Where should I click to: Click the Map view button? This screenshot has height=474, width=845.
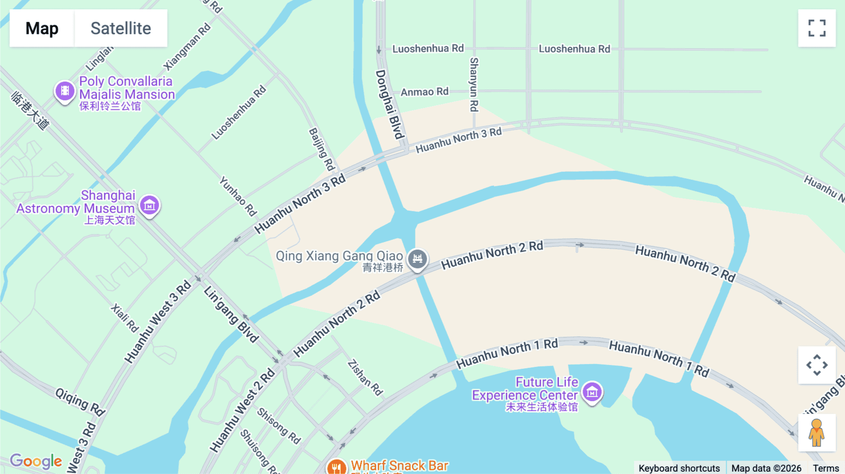point(42,28)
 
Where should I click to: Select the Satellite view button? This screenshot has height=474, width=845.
point(121,28)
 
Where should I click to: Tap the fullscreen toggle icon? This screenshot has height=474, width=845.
point(817,28)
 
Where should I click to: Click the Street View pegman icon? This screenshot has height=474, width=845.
point(816,433)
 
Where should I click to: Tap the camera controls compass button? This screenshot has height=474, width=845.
point(817,365)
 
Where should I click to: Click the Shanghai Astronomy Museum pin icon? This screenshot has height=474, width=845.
point(150,205)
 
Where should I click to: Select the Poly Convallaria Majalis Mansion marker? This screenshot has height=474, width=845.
point(65,91)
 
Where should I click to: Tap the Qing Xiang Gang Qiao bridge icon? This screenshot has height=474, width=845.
point(417,259)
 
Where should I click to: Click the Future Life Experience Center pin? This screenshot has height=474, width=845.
point(592,391)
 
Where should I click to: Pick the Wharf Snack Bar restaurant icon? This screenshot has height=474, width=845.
point(336,467)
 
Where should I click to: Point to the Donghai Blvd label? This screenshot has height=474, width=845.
point(389,104)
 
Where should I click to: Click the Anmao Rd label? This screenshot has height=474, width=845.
point(424,92)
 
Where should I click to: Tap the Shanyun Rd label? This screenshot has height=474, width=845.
point(474,84)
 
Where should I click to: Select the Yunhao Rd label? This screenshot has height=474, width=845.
point(238,196)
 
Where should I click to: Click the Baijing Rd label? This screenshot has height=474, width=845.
point(322,149)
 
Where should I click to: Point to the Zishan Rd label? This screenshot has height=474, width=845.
point(365,377)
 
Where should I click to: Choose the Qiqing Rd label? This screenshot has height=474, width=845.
point(80,402)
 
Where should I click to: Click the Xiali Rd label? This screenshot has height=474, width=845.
point(125,318)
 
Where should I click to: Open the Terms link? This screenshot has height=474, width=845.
point(826,468)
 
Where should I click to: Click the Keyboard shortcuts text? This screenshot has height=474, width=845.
point(679,468)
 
